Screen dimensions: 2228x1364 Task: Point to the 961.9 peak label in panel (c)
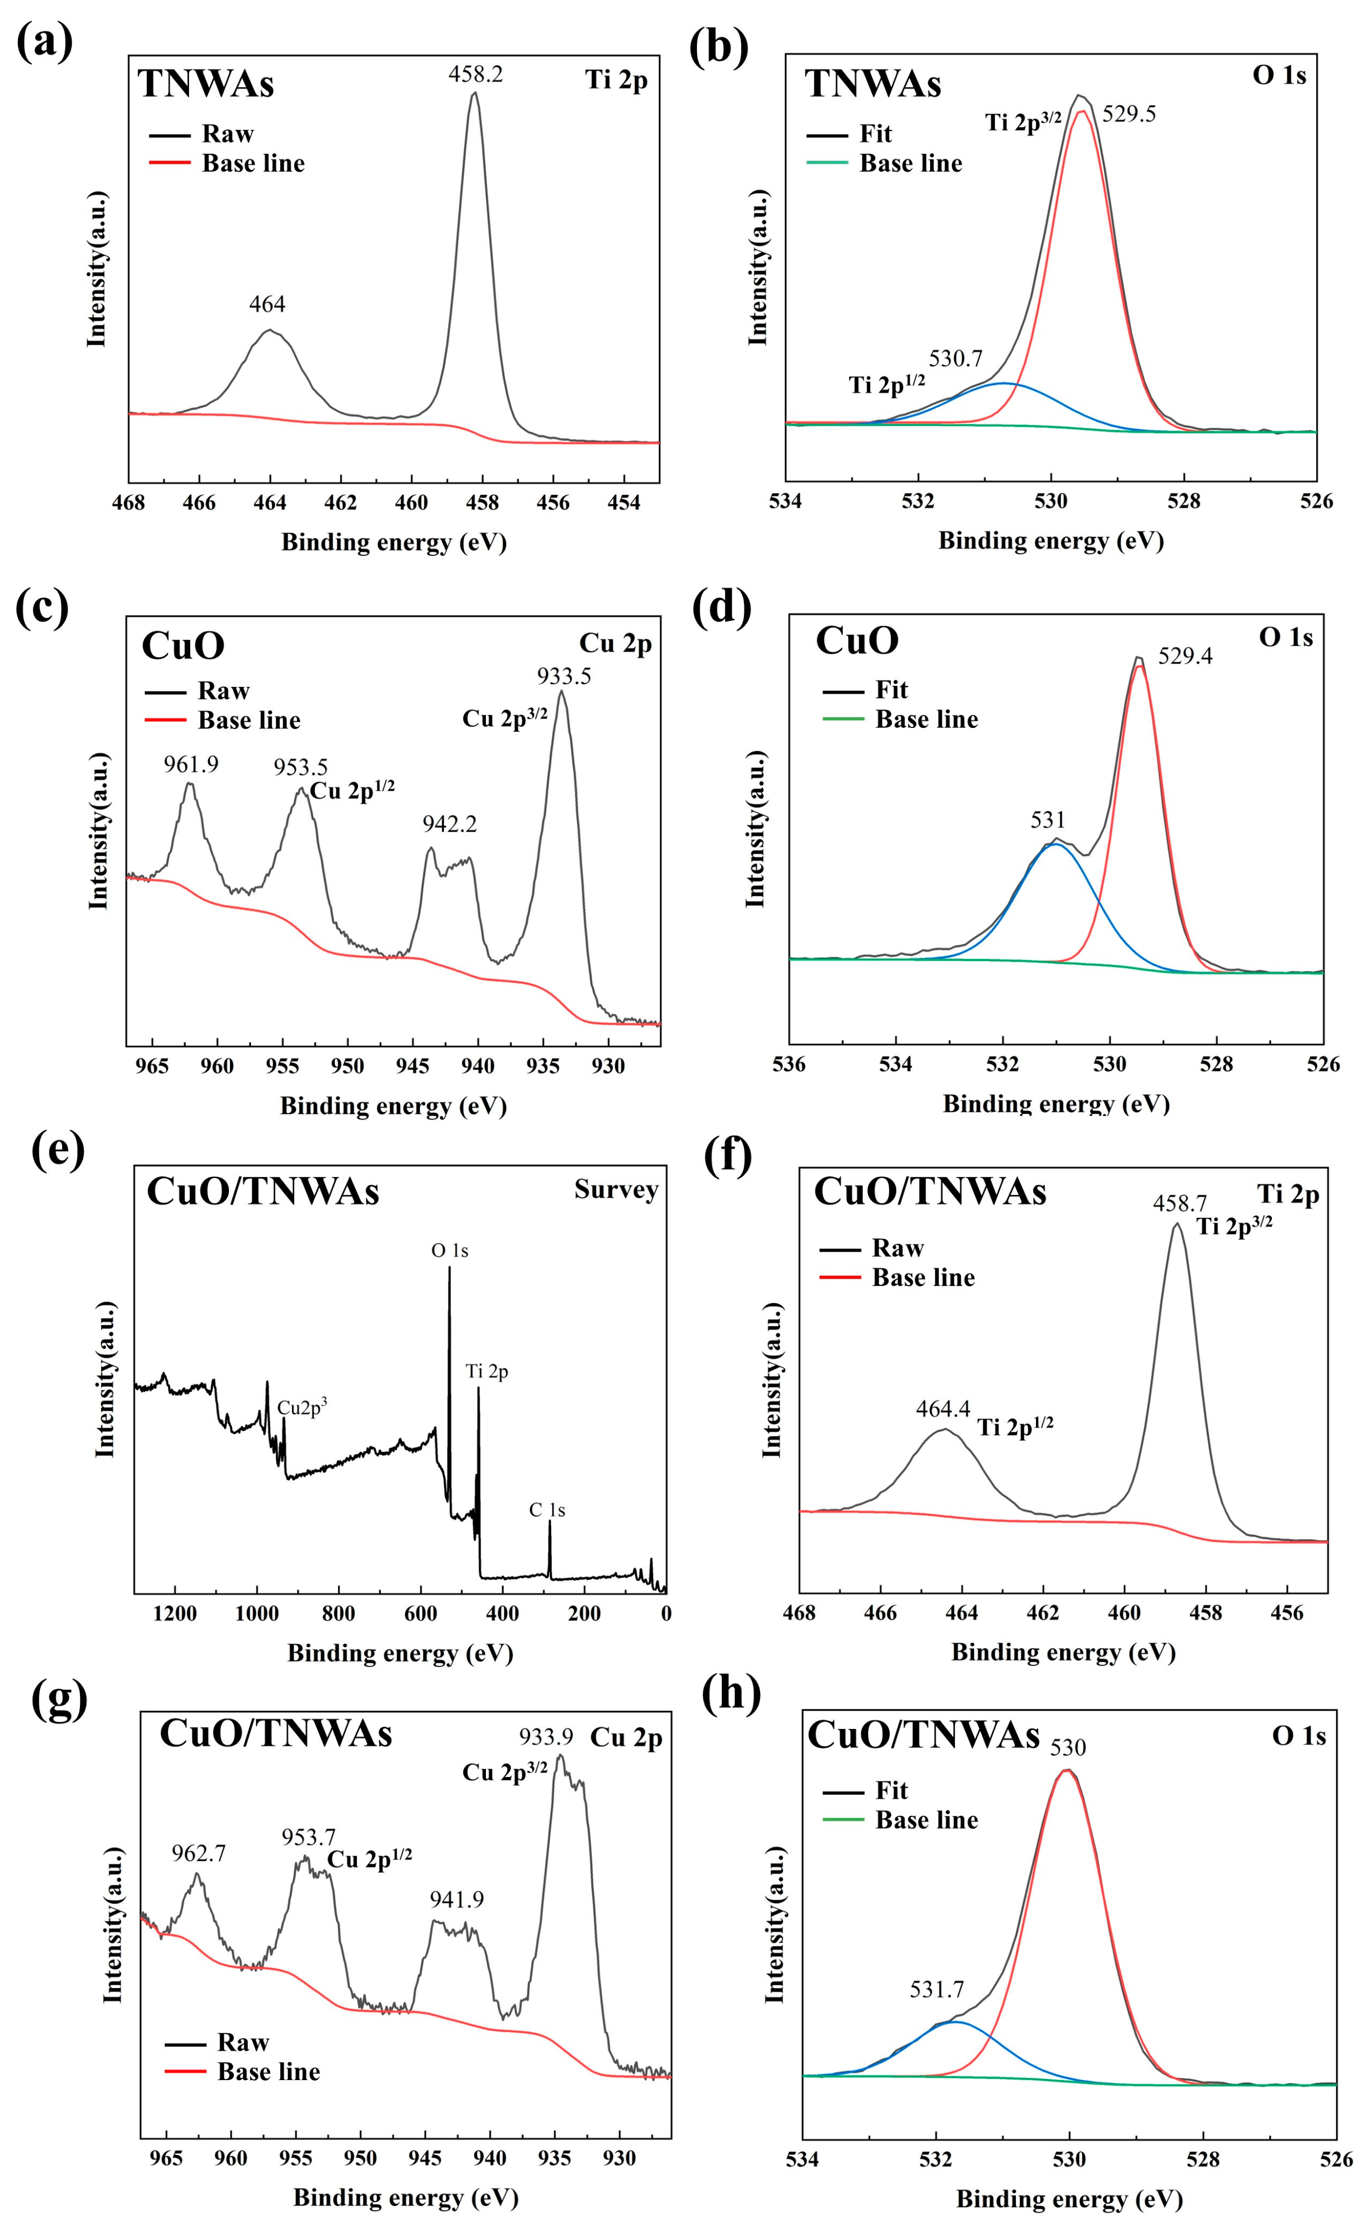tap(191, 765)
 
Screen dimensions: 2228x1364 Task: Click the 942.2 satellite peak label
tap(450, 824)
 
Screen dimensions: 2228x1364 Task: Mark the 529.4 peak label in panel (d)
tap(1185, 656)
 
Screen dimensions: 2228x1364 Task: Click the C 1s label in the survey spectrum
tap(547, 1510)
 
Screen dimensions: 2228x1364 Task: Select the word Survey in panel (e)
tap(616, 1190)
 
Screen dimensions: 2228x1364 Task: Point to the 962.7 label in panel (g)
tap(199, 1854)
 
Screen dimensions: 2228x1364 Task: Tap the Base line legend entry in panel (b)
tap(910, 164)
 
